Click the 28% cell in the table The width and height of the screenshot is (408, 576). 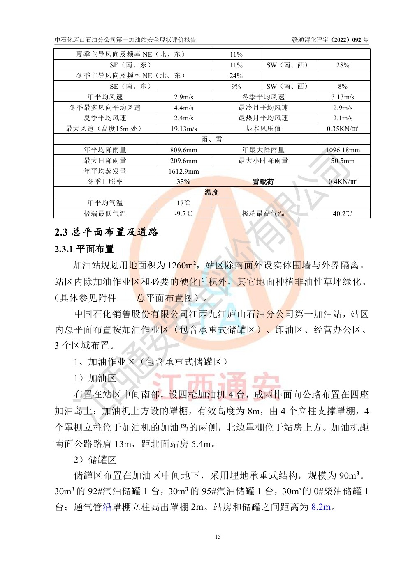(x=343, y=65)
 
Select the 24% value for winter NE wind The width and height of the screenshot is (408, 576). (x=236, y=76)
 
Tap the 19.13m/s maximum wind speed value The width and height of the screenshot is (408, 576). (x=183, y=129)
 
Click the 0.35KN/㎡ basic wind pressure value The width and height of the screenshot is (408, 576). (x=343, y=129)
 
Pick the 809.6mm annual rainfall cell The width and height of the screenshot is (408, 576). (x=183, y=150)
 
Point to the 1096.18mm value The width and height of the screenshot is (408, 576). (x=343, y=150)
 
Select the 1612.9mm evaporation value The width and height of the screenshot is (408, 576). (x=183, y=171)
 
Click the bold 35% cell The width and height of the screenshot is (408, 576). (x=183, y=181)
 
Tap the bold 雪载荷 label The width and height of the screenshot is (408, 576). (x=263, y=181)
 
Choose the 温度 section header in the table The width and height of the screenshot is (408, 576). (x=211, y=192)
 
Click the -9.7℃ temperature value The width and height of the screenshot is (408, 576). (x=183, y=213)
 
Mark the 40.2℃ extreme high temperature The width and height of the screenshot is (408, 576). (x=343, y=213)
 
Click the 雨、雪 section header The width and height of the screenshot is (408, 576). (x=211, y=139)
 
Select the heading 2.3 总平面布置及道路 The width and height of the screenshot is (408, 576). (x=106, y=232)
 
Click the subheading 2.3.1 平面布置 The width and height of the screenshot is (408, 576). (x=84, y=249)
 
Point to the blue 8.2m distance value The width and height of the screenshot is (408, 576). (x=321, y=507)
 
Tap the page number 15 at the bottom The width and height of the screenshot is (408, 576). (x=218, y=537)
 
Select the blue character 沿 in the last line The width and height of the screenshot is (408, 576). (x=107, y=507)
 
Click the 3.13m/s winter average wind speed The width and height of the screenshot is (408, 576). (x=343, y=97)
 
